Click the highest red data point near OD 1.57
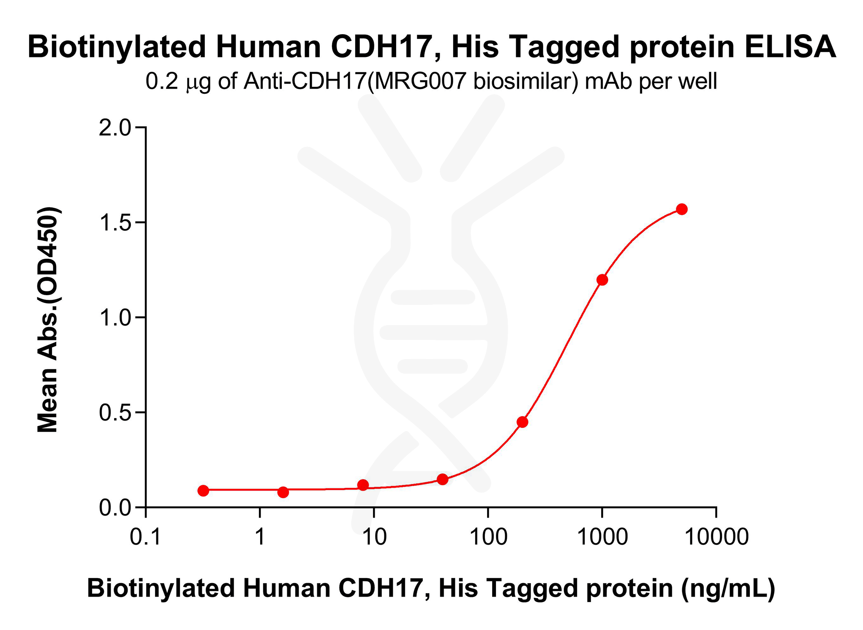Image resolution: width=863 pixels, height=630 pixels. (682, 209)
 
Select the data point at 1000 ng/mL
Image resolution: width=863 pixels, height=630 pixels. (602, 280)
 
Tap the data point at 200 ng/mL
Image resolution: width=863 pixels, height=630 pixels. (523, 422)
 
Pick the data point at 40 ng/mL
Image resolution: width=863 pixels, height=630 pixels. (443, 479)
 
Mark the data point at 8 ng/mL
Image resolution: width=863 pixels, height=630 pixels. (363, 485)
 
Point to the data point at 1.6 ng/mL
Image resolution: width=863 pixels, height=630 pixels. (283, 492)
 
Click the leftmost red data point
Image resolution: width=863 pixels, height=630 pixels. (203, 490)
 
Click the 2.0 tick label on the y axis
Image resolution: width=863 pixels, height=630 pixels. (115, 128)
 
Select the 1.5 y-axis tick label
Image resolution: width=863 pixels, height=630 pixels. (115, 223)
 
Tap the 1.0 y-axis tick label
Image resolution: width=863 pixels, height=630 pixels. (115, 318)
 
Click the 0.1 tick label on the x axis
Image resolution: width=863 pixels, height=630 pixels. (146, 537)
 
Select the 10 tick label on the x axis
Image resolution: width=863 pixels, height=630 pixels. (374, 537)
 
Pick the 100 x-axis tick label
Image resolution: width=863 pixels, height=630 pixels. (488, 537)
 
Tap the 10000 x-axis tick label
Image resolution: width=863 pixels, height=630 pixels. (716, 537)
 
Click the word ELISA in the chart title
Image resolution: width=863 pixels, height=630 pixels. (790, 46)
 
